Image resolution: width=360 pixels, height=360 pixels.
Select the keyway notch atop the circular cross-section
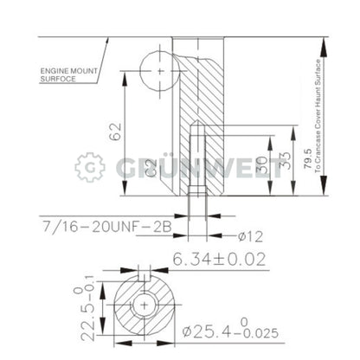point(145,282)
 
